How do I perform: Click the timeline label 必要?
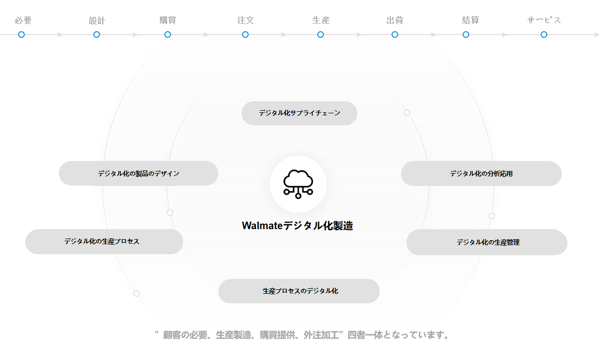point(23,20)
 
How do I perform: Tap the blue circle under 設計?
point(97,35)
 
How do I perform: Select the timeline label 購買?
point(168,20)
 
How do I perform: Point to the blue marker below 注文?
point(245,35)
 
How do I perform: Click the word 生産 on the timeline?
point(321,20)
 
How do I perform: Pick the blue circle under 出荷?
point(395,35)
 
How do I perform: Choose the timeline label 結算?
point(470,20)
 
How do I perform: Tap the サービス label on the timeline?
point(544,20)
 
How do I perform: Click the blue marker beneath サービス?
point(544,35)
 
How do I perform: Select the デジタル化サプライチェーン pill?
point(299,113)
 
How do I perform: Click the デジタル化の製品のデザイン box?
point(138,173)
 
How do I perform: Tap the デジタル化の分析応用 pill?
point(481,173)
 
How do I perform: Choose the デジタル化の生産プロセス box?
point(104,242)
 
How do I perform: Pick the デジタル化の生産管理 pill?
point(487,242)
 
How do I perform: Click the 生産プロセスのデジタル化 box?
point(298,291)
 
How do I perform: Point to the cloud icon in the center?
point(298,184)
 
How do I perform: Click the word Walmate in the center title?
point(262,226)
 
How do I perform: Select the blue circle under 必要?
point(22,35)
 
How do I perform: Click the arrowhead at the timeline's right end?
point(596,35)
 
